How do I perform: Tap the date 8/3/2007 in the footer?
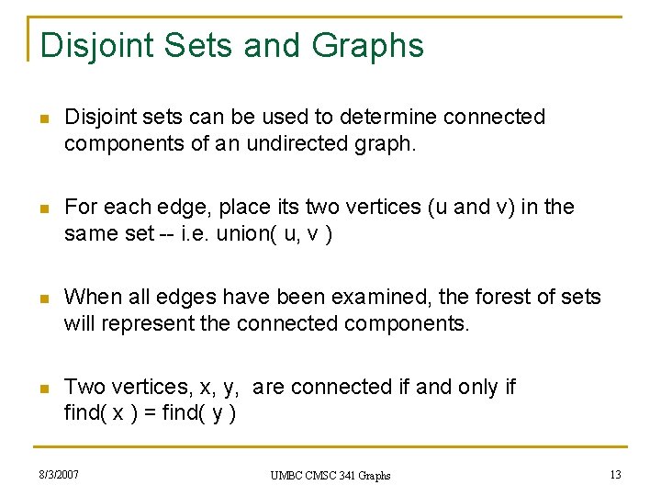pos(58,475)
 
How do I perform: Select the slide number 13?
pos(615,475)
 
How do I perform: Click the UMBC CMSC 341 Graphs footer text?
pos(330,475)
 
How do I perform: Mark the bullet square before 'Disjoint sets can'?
pos(42,118)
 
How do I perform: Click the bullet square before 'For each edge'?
pos(42,209)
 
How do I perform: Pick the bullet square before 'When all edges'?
pos(42,299)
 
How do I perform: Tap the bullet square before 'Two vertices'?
pos(42,388)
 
